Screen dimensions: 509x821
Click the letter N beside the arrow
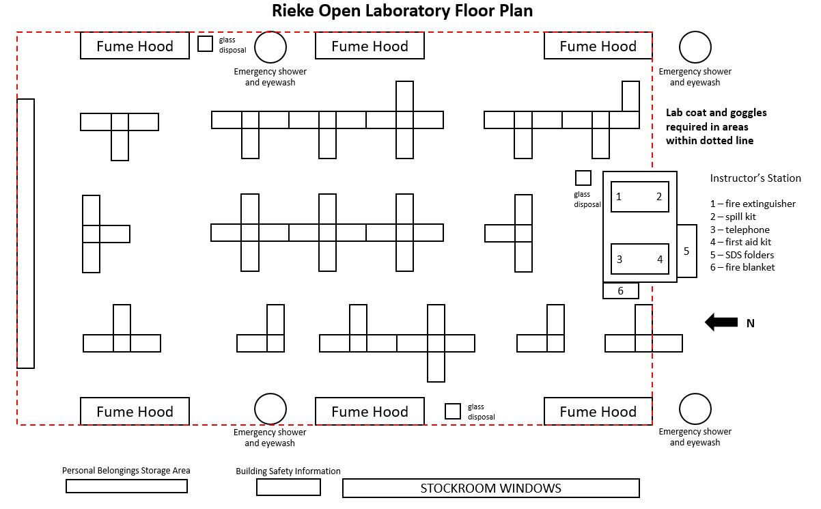point(750,324)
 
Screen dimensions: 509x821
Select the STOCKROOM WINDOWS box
point(490,488)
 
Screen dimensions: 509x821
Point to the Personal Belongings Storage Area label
point(126,471)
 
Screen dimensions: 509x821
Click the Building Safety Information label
point(288,471)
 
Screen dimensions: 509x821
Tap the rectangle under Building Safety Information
point(288,487)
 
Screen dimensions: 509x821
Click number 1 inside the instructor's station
point(619,197)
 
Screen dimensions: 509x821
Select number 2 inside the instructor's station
point(659,197)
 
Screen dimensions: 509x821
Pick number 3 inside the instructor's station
point(620,259)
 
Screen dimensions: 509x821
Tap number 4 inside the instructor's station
point(660,259)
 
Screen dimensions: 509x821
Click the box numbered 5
point(686,251)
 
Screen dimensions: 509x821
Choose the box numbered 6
point(620,291)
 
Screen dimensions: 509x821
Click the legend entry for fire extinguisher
point(753,204)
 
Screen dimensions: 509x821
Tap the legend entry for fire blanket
point(742,267)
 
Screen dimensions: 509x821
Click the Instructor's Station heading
point(755,178)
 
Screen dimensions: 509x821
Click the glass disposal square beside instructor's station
point(583,178)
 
